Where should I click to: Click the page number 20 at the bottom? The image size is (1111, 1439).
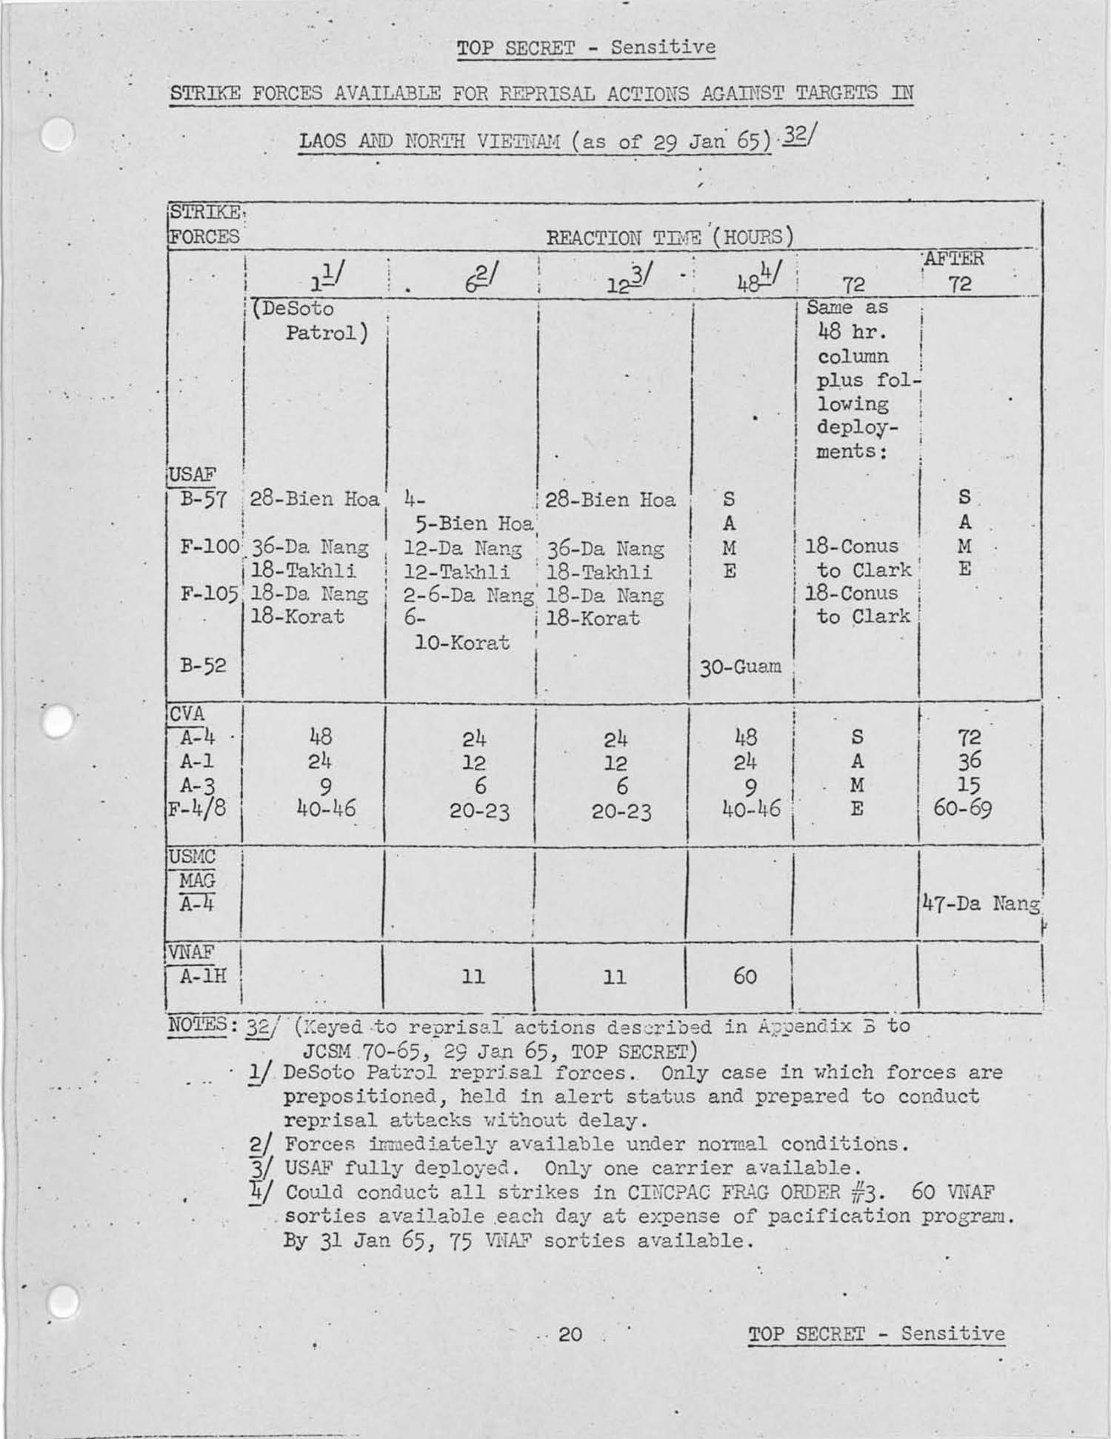pyautogui.click(x=570, y=1334)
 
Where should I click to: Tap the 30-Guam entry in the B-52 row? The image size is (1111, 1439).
pyautogui.click(x=741, y=667)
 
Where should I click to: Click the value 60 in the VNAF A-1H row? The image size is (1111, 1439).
pyautogui.click(x=744, y=976)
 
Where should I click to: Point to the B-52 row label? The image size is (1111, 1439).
pyautogui.click(x=203, y=666)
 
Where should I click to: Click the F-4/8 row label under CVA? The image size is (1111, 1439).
pyautogui.click(x=197, y=808)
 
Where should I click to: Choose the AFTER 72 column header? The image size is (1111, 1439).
pyautogui.click(x=955, y=271)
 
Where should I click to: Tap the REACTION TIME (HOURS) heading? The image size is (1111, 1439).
pyautogui.click(x=670, y=238)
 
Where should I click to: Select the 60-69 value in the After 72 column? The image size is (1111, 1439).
pyautogui.click(x=962, y=808)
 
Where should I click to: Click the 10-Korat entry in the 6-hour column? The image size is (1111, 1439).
pyautogui.click(x=462, y=642)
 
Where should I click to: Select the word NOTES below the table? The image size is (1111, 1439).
pyautogui.click(x=197, y=1025)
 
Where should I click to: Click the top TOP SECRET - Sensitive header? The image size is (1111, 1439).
pyautogui.click(x=586, y=48)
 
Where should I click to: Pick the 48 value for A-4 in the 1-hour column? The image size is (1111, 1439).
pyautogui.click(x=321, y=737)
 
